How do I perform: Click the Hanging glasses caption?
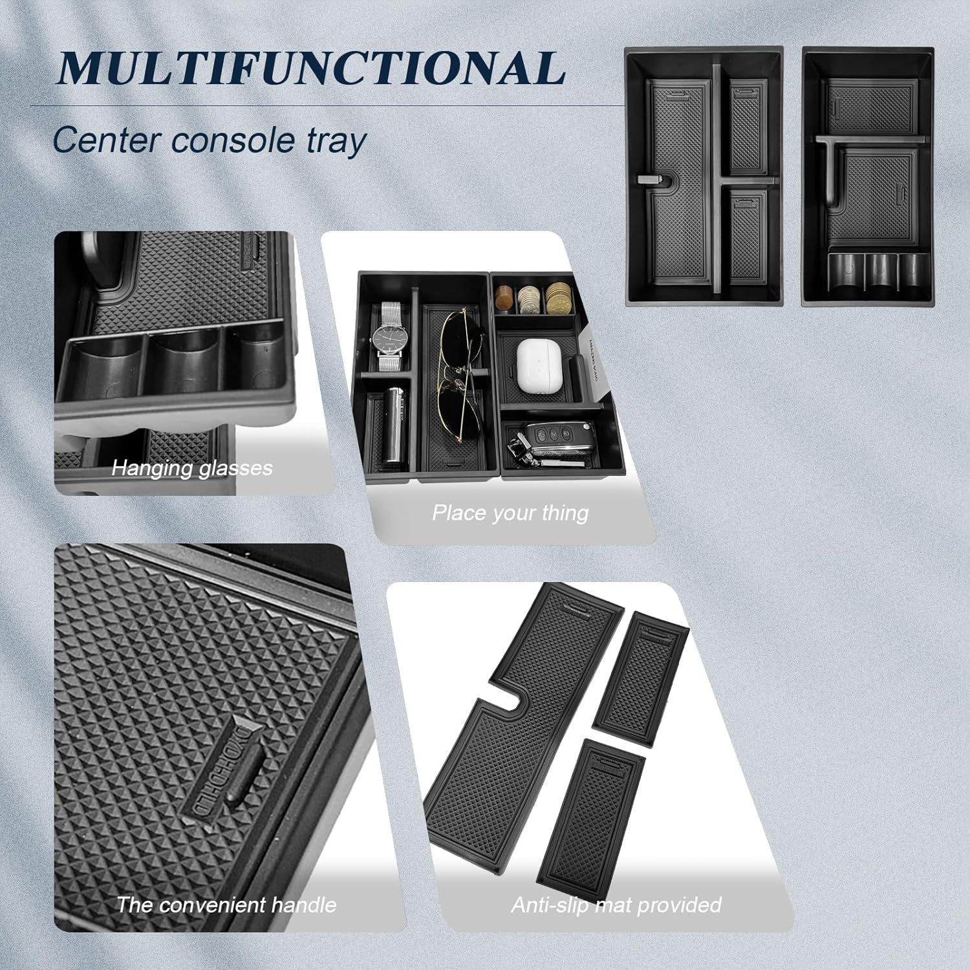[192, 468]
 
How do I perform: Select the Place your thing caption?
[510, 513]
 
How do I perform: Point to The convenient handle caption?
[226, 904]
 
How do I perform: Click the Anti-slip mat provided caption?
[616, 904]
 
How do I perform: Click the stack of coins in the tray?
[533, 300]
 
